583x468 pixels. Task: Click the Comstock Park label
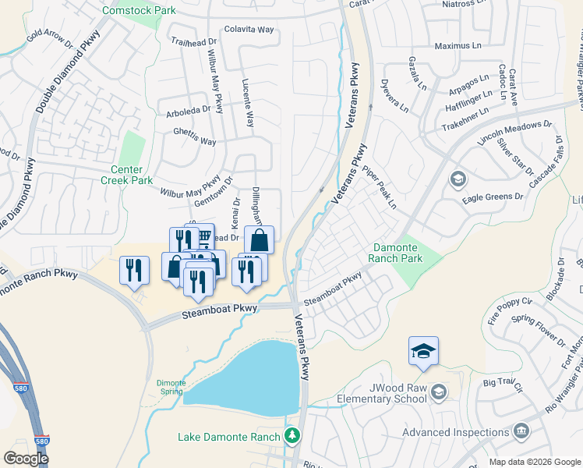pos(140,10)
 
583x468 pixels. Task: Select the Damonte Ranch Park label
pos(396,253)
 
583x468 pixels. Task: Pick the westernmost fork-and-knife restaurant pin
pos(134,271)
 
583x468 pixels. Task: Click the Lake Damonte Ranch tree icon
pos(292,434)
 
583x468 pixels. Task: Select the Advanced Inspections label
pos(455,433)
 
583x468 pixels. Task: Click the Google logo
pos(26,458)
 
